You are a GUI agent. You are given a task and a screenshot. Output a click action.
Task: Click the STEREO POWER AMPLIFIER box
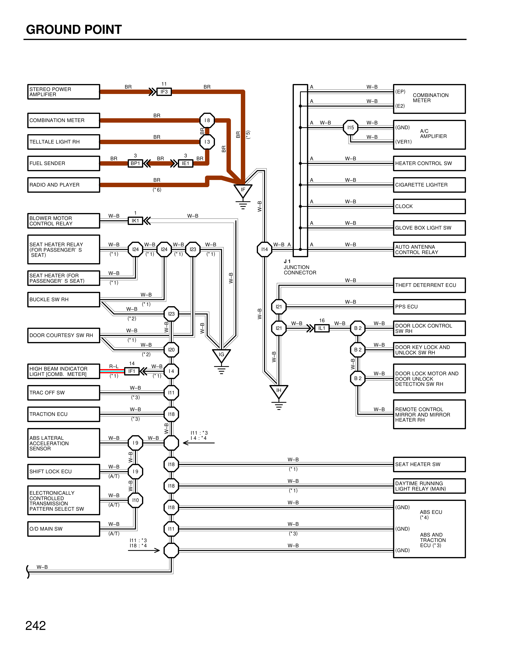pos(64,92)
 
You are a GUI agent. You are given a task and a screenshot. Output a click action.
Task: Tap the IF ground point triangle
pos(243,190)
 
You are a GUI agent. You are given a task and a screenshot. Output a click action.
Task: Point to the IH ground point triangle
pos(279,391)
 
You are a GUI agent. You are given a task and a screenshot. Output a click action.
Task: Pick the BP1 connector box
pos(135,163)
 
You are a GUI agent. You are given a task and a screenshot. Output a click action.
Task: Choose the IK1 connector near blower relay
pos(135,221)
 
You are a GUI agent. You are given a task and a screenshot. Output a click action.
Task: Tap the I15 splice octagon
pos(351,128)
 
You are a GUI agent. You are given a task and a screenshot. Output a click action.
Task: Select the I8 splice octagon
pos(207,120)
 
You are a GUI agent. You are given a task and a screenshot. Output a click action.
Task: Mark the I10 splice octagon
pos(135,500)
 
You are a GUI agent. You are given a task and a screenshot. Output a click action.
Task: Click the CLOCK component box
pos(429,206)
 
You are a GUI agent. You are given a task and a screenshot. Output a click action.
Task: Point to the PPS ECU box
pos(429,307)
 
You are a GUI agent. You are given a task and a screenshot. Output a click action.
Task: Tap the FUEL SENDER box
pos(64,163)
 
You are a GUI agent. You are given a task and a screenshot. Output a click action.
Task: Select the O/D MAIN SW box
pos(64,529)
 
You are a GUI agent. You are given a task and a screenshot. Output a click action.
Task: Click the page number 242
pos(35,625)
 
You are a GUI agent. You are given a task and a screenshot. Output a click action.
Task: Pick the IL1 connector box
pos(322,328)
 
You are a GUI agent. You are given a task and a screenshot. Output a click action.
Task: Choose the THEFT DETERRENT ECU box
pos(429,285)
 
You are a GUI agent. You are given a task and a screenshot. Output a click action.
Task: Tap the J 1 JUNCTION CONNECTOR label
pos(300,267)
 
